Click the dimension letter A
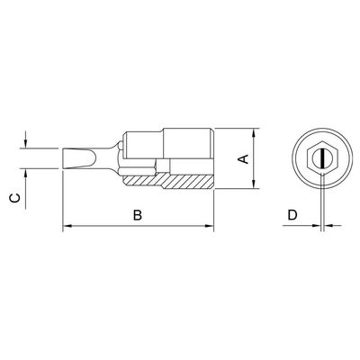pyautogui.click(x=244, y=158)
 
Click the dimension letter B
pyautogui.click(x=138, y=215)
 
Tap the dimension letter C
pyautogui.click(x=15, y=198)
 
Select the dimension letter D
pyautogui.click(x=292, y=215)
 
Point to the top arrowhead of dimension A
pyautogui.click(x=254, y=133)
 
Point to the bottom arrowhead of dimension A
pyautogui.click(x=254, y=184)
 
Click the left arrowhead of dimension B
pyautogui.click(x=67, y=226)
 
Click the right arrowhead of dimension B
pyautogui.click(x=209, y=226)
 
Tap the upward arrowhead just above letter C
pyautogui.click(x=26, y=174)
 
